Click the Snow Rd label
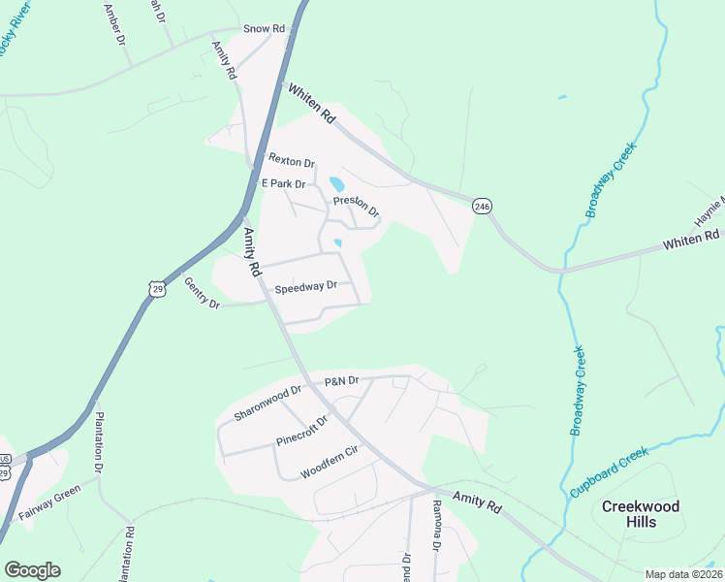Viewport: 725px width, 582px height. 264,29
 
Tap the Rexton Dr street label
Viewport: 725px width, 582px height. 292,160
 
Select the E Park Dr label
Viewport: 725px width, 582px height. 283,183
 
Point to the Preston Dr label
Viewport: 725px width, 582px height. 356,207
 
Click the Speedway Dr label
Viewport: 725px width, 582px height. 305,287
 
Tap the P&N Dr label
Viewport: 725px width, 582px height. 342,381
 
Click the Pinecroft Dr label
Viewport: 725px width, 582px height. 302,433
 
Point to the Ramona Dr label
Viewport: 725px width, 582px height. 437,525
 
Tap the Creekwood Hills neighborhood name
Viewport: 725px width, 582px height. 641,514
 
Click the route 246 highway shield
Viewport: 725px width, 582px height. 483,207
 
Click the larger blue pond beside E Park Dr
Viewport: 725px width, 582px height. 336,184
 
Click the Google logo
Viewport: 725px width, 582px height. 32,570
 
